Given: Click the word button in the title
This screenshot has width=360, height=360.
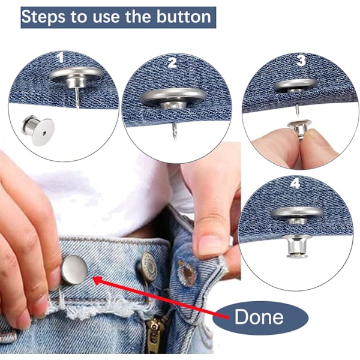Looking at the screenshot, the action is pos(184,17).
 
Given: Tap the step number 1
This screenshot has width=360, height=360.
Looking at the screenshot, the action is pos(60,57).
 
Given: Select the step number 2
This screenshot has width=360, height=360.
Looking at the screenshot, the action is pos(172,62).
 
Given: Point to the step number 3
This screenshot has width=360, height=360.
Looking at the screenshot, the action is pos(301,61).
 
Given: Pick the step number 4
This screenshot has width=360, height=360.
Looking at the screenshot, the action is pos(295,183).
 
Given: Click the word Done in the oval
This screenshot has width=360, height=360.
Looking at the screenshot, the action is pos(259,317).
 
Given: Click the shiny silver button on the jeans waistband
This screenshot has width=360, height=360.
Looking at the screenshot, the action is pos(74,269).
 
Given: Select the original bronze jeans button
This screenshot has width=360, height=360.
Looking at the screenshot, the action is pos(148,266).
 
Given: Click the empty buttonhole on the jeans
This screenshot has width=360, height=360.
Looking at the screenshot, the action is pos(187,274).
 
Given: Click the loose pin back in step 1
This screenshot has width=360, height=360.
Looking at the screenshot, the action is pos(38,130).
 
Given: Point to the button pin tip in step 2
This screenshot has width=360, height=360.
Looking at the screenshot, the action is pos(175,139).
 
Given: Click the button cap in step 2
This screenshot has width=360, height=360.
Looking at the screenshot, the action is pos(173,96).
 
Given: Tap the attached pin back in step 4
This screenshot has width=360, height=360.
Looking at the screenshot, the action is pos(296,245).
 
